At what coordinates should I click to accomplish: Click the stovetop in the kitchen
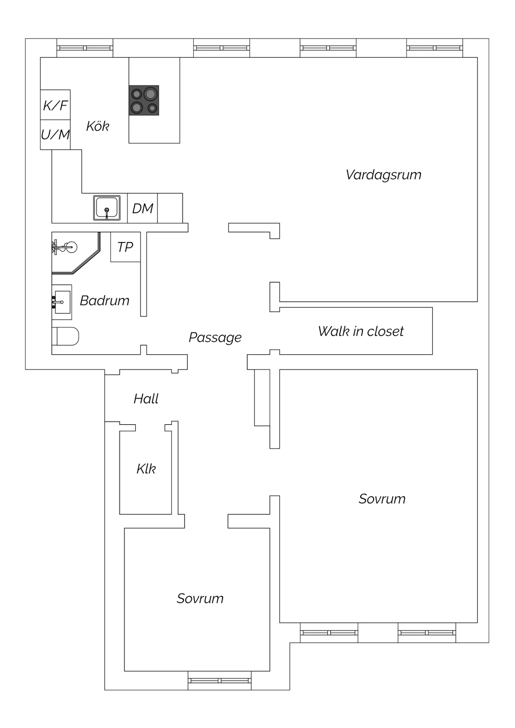(x=144, y=100)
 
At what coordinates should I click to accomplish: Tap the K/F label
(x=55, y=105)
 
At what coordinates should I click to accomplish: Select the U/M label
(x=55, y=135)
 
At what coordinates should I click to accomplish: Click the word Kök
(x=98, y=126)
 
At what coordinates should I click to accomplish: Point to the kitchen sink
(x=107, y=208)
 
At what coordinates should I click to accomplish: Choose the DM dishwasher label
(x=143, y=208)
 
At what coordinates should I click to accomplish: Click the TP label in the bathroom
(x=125, y=247)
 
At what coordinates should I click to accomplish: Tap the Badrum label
(x=105, y=301)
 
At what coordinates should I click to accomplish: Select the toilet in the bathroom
(x=65, y=336)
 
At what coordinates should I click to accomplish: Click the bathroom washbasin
(x=62, y=302)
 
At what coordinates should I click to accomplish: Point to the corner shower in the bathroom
(x=76, y=253)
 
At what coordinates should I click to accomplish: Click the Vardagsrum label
(x=384, y=175)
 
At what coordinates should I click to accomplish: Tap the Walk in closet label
(x=361, y=331)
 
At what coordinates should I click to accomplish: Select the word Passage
(x=215, y=338)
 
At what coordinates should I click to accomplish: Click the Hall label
(x=146, y=399)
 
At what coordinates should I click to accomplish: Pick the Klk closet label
(x=146, y=469)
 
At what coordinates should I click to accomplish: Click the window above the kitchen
(x=85, y=48)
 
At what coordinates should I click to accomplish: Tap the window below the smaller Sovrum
(x=220, y=680)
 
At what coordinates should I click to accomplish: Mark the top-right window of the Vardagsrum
(x=435, y=48)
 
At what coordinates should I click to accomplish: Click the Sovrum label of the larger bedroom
(x=382, y=499)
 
